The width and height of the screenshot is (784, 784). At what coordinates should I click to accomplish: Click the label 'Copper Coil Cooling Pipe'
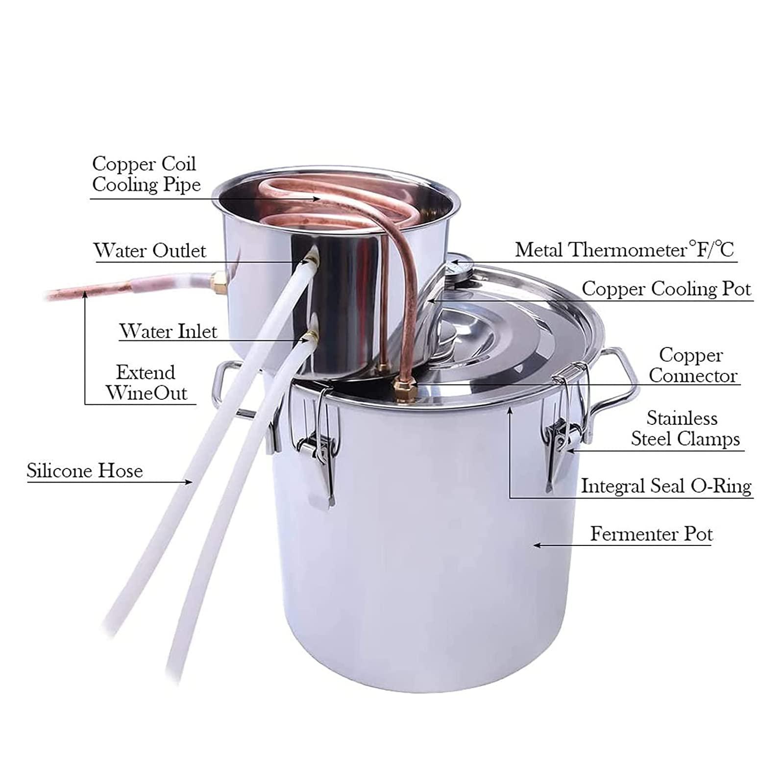[146, 174]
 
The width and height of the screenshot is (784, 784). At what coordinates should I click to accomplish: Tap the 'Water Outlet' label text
[150, 250]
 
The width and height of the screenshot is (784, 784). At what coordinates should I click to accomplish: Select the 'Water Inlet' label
[168, 331]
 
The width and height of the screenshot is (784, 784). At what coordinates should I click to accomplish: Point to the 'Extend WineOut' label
[146, 383]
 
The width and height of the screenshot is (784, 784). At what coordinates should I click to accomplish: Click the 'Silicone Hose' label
[85, 471]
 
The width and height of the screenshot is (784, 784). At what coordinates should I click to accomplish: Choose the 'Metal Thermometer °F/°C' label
[625, 250]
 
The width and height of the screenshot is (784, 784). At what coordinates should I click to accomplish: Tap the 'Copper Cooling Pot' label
[666, 289]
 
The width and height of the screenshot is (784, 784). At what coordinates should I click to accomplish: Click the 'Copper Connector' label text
[693, 366]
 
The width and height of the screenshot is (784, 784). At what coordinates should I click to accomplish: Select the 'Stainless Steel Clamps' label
[685, 428]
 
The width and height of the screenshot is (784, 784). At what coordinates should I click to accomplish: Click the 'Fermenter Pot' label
[651, 534]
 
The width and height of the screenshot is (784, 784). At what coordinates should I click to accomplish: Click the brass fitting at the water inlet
[310, 337]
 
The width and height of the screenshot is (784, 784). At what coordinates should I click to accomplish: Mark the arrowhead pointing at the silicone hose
[188, 482]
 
